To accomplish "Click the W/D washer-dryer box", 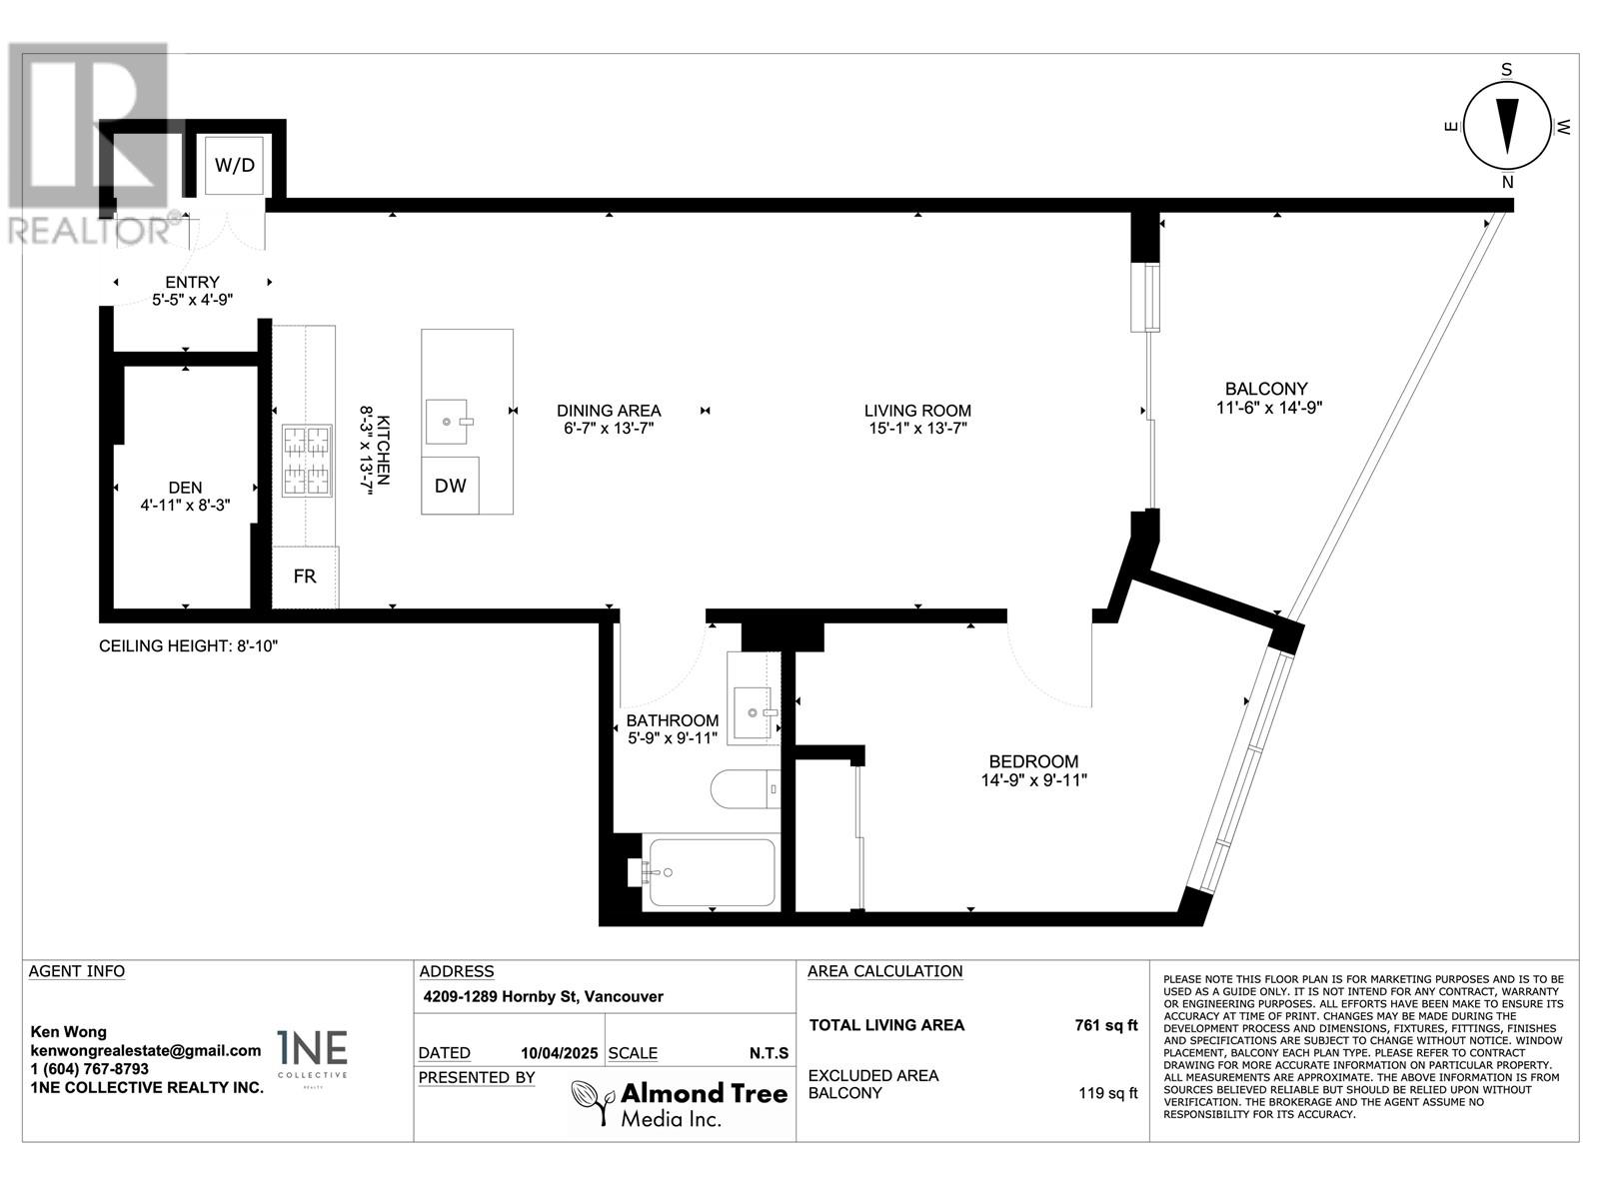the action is click(234, 165).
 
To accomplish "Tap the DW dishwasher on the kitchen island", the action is click(450, 486).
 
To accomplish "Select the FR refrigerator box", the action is click(305, 577).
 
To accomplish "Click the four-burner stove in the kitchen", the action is click(308, 461).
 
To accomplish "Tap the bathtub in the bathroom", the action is click(712, 873).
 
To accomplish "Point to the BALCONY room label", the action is click(1266, 389).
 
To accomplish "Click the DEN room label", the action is click(185, 487).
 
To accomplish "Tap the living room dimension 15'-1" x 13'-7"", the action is click(917, 428).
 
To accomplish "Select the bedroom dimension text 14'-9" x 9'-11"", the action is click(1033, 780).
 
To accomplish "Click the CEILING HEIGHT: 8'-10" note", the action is click(189, 645).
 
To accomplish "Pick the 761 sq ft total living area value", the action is click(1106, 1025).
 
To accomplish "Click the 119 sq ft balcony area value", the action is click(1108, 1093).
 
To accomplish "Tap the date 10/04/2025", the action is click(559, 1053).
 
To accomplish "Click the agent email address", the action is click(146, 1050).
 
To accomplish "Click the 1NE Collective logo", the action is click(313, 1056).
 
